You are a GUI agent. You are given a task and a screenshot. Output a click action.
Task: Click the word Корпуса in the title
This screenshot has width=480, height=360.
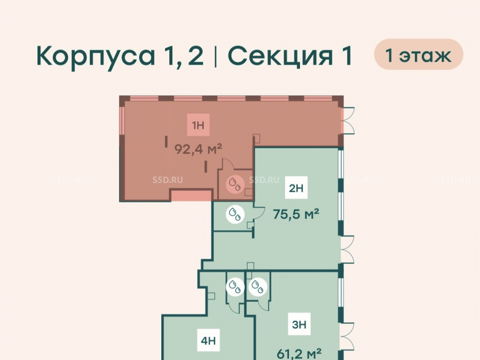click(x=96, y=56)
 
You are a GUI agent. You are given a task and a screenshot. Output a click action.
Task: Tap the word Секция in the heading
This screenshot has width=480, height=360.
click(x=280, y=56)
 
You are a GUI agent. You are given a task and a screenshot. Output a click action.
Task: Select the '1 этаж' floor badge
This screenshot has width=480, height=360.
click(x=419, y=55)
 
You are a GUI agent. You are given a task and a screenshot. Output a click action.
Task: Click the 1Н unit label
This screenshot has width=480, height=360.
click(x=198, y=125)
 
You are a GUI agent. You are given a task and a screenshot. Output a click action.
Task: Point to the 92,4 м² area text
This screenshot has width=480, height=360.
click(x=198, y=149)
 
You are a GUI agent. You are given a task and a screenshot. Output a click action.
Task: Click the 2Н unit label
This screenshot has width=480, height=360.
click(x=296, y=188)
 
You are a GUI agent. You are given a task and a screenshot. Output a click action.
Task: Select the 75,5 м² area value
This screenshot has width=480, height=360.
click(x=296, y=214)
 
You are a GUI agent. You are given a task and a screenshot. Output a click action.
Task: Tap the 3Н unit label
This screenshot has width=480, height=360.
click(x=299, y=324)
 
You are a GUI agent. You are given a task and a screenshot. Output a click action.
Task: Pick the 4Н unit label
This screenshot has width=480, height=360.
click(x=208, y=340)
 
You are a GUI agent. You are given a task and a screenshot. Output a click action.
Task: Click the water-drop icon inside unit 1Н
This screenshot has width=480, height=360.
click(x=235, y=184)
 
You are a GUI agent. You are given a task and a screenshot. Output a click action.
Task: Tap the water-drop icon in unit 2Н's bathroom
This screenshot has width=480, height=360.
click(x=235, y=214)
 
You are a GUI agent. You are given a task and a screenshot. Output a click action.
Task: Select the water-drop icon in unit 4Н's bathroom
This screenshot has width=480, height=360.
click(x=235, y=287)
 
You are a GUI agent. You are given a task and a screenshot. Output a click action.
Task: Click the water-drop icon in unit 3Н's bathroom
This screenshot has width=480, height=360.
click(x=258, y=287)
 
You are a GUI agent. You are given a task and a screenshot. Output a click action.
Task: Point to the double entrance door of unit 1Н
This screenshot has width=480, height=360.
click(x=348, y=120)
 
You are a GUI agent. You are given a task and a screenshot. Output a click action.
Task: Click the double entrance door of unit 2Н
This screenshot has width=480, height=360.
click(x=348, y=250)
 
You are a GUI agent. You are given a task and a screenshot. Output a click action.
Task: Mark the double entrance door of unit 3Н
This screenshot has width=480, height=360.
click(x=348, y=336)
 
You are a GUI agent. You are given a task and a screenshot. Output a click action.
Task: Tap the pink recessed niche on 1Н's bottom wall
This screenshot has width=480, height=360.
click(x=192, y=196)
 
